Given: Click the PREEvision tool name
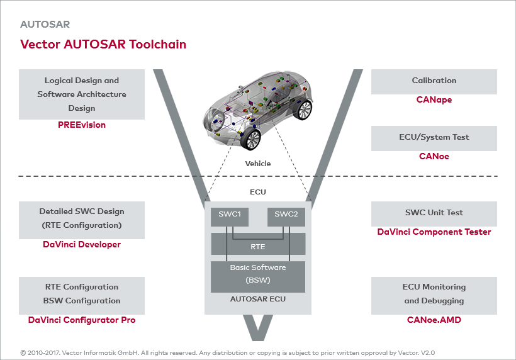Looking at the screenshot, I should tap(82, 125).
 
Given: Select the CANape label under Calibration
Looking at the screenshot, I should tap(434, 99).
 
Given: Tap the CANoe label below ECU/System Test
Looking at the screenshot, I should tap(434, 156).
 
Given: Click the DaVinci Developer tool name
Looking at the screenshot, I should tap(82, 244).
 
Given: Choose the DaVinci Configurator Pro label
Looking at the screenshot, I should tap(82, 320).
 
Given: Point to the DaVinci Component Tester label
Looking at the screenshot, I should tap(434, 232).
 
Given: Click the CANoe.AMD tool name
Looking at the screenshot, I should tap(434, 320).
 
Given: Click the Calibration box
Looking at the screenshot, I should tap(434, 81).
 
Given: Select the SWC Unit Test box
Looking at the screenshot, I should tap(434, 213).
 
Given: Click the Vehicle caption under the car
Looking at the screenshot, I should tap(258, 164).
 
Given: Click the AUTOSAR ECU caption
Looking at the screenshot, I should tap(258, 299).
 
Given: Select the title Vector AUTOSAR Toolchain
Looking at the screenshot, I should tap(103, 44).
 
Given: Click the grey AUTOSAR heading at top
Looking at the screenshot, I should tap(45, 25).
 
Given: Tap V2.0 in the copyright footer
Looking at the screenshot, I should tap(427, 353).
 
